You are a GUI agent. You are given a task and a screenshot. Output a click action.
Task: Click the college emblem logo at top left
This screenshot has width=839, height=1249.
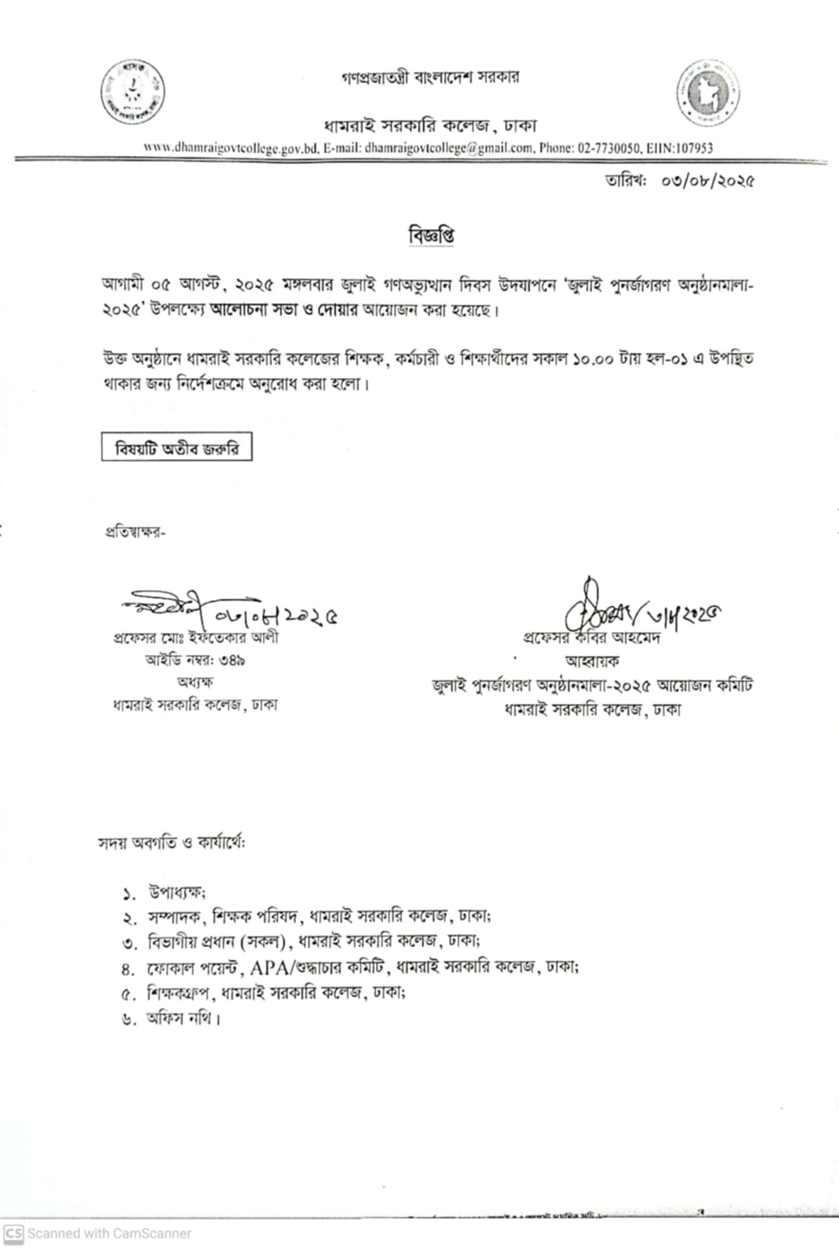pyautogui.click(x=133, y=92)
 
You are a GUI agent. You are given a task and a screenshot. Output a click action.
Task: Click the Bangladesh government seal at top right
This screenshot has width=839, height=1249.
pyautogui.click(x=709, y=93)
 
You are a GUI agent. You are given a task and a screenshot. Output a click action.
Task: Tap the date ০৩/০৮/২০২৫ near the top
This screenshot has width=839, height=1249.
pyautogui.click(x=707, y=182)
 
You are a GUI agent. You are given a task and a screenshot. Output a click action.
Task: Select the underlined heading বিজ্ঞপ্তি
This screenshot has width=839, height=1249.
pyautogui.click(x=431, y=235)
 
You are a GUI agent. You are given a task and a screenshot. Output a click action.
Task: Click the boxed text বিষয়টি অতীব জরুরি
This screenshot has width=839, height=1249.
pyautogui.click(x=177, y=448)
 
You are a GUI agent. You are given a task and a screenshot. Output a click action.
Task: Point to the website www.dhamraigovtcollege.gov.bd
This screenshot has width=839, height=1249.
pyautogui.click(x=231, y=148)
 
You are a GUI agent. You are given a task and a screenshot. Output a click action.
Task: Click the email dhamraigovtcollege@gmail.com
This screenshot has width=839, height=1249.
pyautogui.click(x=449, y=148)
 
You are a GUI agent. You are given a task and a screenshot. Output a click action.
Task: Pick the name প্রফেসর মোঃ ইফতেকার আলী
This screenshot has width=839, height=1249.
pyautogui.click(x=196, y=638)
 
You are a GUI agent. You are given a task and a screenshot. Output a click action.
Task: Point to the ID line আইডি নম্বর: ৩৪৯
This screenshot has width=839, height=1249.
pyautogui.click(x=195, y=660)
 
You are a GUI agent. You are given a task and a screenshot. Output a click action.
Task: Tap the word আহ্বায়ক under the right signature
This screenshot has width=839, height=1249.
pyautogui.click(x=592, y=661)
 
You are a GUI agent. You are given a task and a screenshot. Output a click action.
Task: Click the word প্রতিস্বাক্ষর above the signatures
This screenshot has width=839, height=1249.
pyautogui.click(x=135, y=532)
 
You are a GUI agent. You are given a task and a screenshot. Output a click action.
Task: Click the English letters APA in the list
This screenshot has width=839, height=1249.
pyautogui.click(x=266, y=967)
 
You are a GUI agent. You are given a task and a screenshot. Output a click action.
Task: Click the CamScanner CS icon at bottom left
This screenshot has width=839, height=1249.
pyautogui.click(x=13, y=1233)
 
